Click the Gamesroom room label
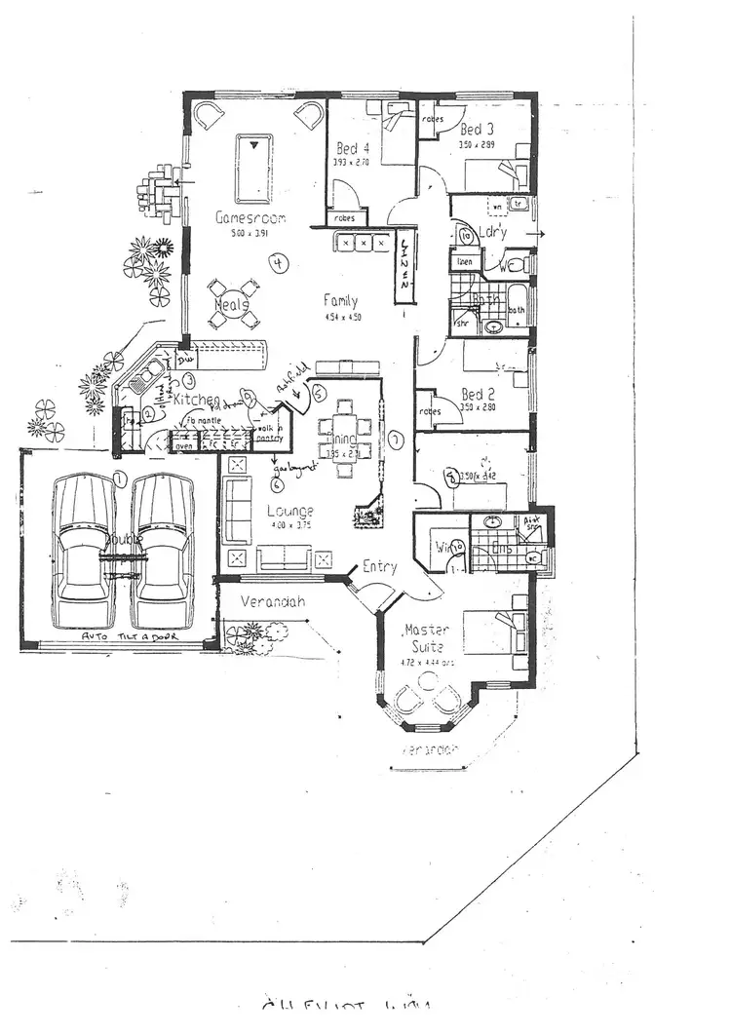(x=249, y=218)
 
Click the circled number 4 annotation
(x=279, y=263)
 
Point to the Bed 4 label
(x=352, y=149)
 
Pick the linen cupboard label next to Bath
(x=466, y=262)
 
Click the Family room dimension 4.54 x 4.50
(x=341, y=317)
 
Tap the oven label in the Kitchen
(x=183, y=446)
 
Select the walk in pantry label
(x=268, y=434)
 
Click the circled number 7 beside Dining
(x=396, y=440)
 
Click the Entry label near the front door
(x=379, y=566)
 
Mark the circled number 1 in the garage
(x=119, y=478)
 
